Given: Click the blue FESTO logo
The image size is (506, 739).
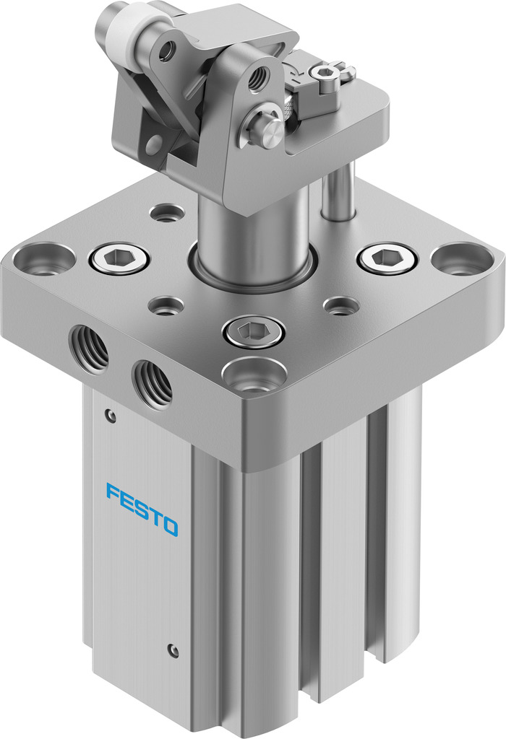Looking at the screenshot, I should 142,510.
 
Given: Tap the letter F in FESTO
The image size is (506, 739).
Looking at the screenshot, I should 113,492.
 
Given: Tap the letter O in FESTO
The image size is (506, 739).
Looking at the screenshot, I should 168,526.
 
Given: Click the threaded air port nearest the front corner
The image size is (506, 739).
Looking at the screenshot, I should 153,382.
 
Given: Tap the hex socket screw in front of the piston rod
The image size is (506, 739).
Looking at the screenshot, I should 254,332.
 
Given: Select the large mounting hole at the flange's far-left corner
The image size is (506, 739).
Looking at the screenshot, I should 44,258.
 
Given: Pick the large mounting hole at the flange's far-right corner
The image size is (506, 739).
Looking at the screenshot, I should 463,258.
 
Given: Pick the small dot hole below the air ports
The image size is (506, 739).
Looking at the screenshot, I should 109,415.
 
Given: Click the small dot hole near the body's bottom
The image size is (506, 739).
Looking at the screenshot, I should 173,650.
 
